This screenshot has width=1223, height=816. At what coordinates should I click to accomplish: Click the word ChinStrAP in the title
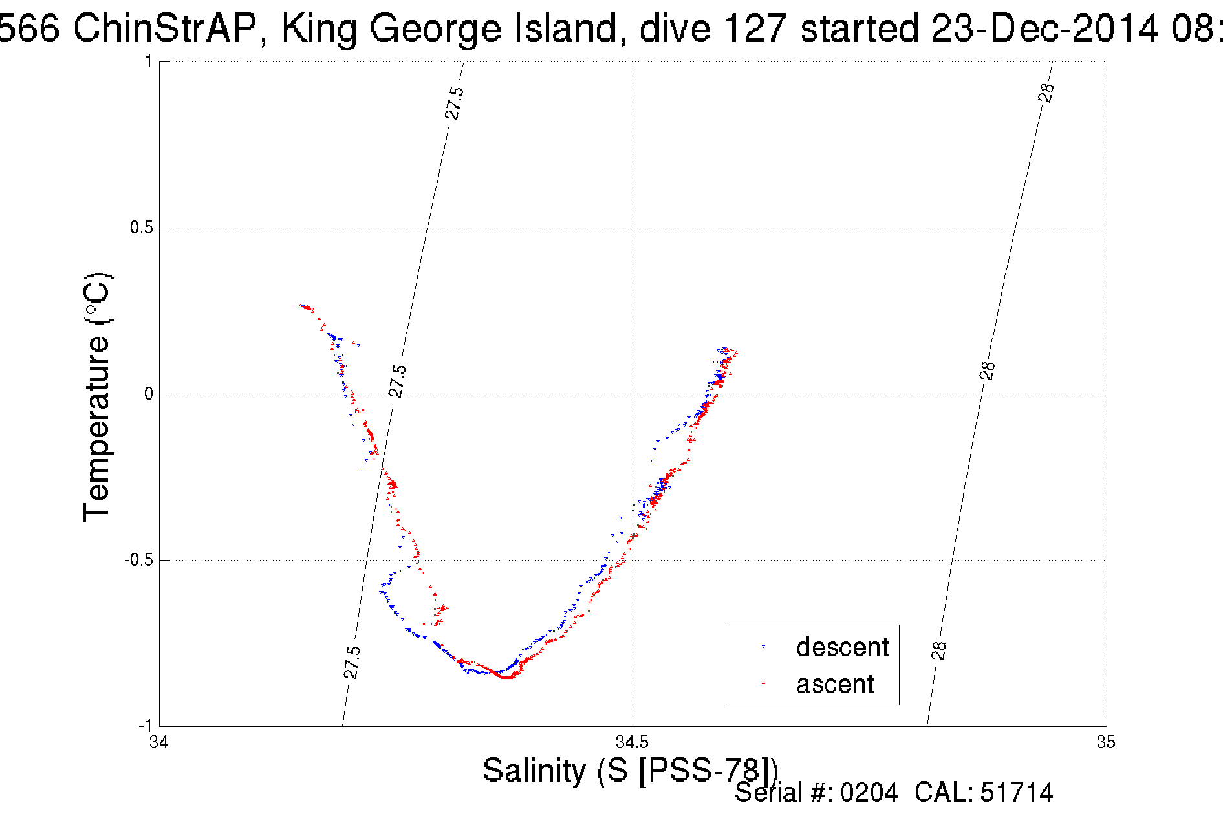[x=164, y=28]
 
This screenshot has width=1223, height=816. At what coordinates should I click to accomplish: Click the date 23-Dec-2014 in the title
[x=1044, y=28]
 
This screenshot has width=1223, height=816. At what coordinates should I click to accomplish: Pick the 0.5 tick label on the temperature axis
[x=142, y=228]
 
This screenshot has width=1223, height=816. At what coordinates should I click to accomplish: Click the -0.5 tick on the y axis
[x=138, y=560]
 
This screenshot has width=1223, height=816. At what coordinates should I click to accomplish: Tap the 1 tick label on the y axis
[x=149, y=61]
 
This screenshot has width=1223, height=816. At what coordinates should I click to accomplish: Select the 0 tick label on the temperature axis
[x=149, y=394]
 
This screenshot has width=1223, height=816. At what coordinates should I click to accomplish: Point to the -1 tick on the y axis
[x=145, y=725]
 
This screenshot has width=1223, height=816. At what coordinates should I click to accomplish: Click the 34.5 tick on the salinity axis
[x=632, y=742]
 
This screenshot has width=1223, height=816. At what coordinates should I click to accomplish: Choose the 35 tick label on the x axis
[x=1105, y=742]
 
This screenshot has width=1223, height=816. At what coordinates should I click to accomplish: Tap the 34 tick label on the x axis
[x=159, y=742]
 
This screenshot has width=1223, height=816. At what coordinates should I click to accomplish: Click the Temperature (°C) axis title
[x=97, y=397]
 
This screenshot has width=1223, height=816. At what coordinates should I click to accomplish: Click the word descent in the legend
[x=842, y=647]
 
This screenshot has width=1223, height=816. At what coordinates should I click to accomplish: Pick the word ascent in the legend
[x=834, y=683]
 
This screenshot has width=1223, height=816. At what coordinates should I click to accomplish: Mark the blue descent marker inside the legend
[x=764, y=647]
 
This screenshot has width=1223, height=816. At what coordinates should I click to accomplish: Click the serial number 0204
[x=869, y=793]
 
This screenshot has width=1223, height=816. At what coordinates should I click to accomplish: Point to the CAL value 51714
[x=1017, y=793]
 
